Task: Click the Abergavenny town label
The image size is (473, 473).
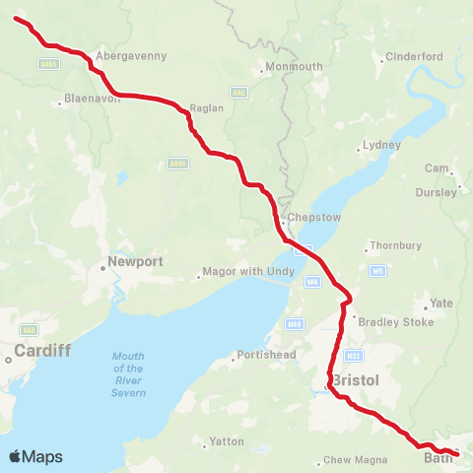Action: tap(131, 56)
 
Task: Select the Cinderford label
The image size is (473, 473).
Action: tap(414, 56)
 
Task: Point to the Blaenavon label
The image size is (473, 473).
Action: tap(92, 100)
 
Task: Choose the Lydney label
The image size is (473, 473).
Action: tap(382, 145)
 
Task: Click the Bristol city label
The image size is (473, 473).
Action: tap(356, 379)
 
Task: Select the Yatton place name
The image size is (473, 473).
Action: tap(226, 441)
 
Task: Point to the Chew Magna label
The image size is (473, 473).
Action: tap(354, 460)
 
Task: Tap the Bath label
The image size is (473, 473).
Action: tap(437, 458)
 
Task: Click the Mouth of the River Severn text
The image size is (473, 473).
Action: tap(129, 374)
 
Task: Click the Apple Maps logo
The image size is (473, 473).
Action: tap(35, 456)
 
